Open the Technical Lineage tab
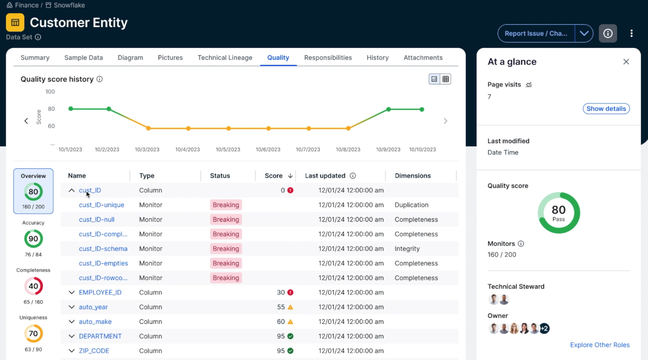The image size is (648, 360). point(225,58)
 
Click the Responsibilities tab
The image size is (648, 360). point(328,58)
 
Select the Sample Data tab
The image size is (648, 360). point(83,58)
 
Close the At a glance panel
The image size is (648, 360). point(626,62)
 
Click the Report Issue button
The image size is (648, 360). point(535,33)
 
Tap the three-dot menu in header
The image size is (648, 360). point(631,33)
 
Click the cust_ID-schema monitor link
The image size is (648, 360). point(103,248)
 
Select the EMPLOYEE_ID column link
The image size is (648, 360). point(100,292)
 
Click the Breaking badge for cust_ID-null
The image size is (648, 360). point(226,220)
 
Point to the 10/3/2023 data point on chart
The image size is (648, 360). point(148,128)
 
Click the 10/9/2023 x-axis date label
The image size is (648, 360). point(388,149)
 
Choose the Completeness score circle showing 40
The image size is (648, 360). point(33,286)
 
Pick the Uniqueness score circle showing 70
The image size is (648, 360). point(33,333)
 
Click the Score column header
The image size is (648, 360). point(274,175)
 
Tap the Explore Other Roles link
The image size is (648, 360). point(599,345)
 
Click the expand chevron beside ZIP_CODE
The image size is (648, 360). point(72,351)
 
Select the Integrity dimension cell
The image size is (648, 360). point(407,248)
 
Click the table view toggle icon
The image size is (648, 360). point(445,79)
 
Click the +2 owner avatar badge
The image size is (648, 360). point(544,328)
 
